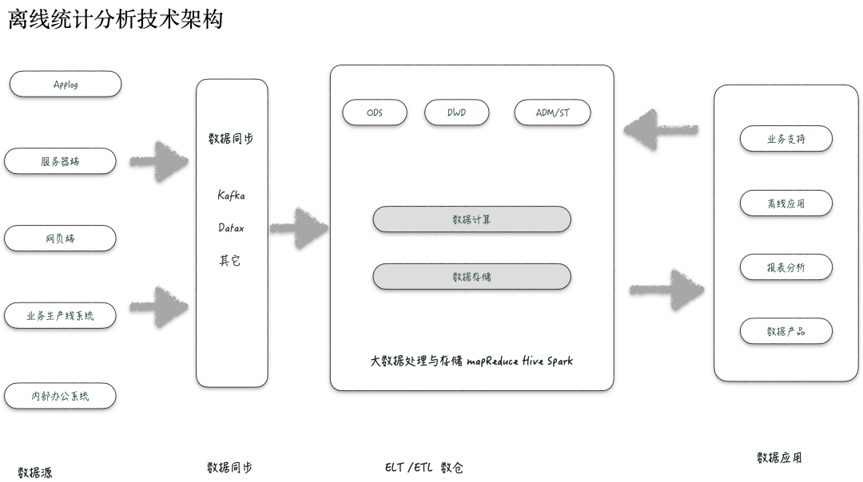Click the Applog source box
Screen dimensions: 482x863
pos(66,84)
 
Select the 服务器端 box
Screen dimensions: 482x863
pos(60,161)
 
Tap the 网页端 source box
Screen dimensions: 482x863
pos(60,239)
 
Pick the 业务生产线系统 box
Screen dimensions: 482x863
pos(60,315)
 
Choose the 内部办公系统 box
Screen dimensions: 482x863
pos(60,396)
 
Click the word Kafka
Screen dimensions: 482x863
pos(231,196)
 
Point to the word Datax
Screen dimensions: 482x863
pos(231,227)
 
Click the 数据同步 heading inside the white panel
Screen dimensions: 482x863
pos(231,139)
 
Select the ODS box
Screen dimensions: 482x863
pos(374,113)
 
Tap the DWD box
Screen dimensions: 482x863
pos(456,113)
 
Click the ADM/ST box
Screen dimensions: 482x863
pos(552,113)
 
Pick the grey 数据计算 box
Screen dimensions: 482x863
pos(471,219)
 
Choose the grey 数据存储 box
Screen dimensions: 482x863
pos(471,277)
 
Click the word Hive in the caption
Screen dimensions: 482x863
pos(532,361)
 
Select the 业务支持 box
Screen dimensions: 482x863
pos(785,139)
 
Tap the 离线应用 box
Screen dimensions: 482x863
pos(785,203)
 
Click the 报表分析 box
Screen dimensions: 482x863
pos(785,267)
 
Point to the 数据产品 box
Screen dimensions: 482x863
pos(785,331)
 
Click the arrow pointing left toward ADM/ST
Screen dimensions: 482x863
pos(660,128)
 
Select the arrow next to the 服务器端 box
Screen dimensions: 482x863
pos(159,161)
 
